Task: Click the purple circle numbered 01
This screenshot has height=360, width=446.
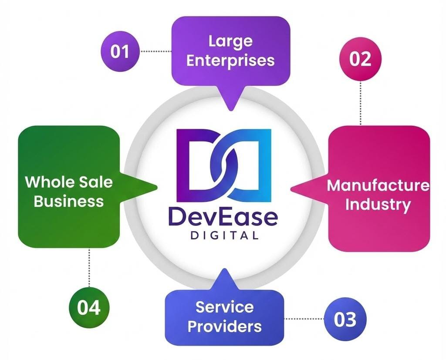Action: (120, 52)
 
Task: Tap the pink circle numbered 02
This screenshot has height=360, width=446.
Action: (360, 59)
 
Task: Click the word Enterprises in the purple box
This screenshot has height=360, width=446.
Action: (230, 60)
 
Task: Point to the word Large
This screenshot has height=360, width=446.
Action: (230, 41)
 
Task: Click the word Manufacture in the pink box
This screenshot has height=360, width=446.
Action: (378, 185)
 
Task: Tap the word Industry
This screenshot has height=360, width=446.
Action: (378, 204)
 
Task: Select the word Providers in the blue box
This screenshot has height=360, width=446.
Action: (224, 326)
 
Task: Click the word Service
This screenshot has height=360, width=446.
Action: (224, 307)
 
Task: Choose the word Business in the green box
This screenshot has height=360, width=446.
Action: (69, 201)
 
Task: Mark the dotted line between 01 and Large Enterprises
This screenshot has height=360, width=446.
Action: (155, 51)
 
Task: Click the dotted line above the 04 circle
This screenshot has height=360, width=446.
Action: (89, 268)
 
